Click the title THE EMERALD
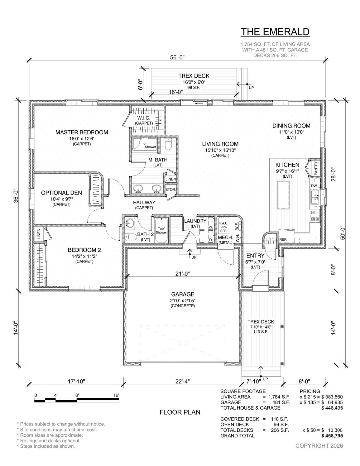pos(275,32)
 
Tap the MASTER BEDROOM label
pos(82,132)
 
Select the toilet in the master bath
pos(169,144)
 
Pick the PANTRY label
pos(316,168)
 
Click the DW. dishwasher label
pos(314,186)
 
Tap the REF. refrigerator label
pos(283,239)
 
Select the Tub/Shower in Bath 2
pos(161,230)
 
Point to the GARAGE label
pos(183,294)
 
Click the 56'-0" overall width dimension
pos(177,58)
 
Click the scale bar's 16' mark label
pos(116,395)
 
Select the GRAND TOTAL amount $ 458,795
pos(332,436)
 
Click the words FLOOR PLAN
pos(180,412)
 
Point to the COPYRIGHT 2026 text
pos(319,446)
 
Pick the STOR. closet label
pos(170,190)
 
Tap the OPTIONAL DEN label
pos(61,193)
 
